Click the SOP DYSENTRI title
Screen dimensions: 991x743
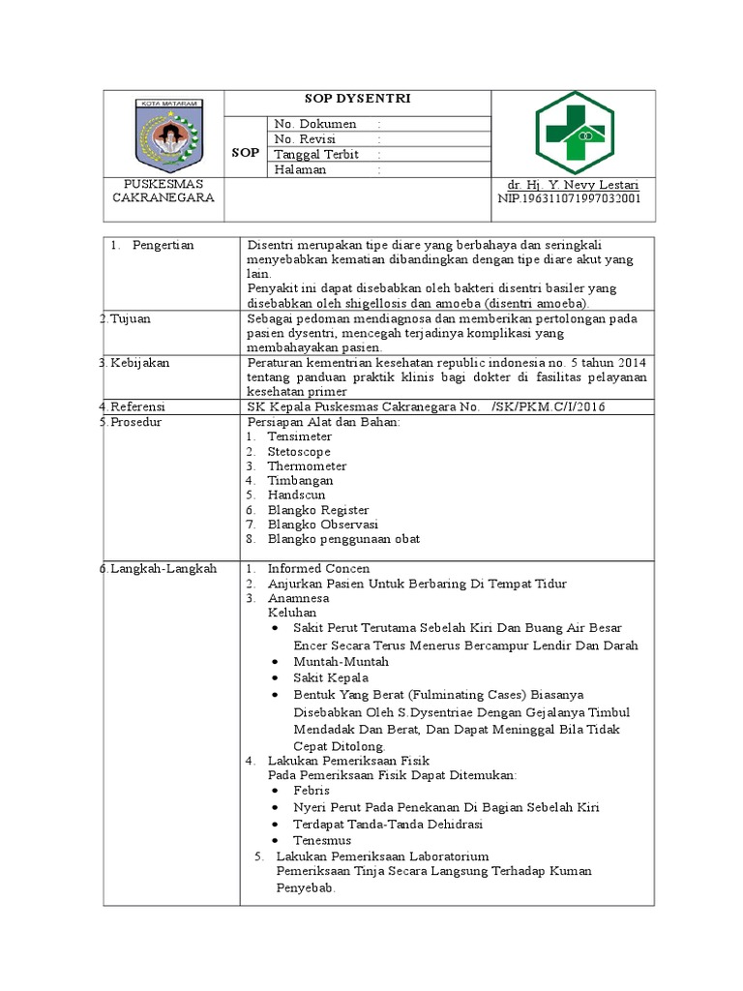coord(359,100)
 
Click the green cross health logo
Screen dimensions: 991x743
coord(573,134)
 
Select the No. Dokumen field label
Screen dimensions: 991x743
coord(315,124)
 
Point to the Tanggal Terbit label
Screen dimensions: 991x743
coord(316,155)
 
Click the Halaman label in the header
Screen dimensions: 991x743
coord(300,169)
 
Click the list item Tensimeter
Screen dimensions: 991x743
coord(299,436)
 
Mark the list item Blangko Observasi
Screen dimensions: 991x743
coord(322,524)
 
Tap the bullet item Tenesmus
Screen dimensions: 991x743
coord(322,840)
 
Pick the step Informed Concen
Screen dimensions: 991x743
coord(318,569)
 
